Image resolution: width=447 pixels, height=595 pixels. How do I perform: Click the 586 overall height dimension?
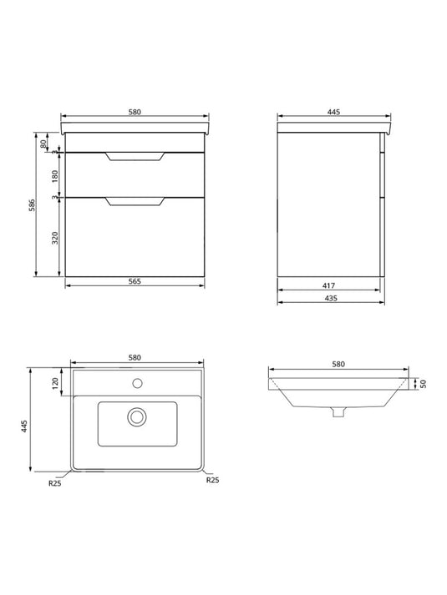point(33,204)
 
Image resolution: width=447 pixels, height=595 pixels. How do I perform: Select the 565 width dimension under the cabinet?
point(135,281)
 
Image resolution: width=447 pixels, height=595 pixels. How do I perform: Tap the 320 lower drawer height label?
point(55,238)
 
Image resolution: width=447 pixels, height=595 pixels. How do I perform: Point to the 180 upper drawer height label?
point(55,175)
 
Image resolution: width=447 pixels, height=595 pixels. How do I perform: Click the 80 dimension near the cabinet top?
point(43,144)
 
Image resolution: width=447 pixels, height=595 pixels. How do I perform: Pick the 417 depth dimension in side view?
point(329,285)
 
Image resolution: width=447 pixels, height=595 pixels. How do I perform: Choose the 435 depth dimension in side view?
point(331,298)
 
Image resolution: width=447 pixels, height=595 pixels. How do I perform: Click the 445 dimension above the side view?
point(334,112)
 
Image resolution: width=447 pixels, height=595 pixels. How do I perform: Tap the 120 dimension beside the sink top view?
point(54,383)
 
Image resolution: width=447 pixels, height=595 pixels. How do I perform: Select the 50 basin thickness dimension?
point(424,384)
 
